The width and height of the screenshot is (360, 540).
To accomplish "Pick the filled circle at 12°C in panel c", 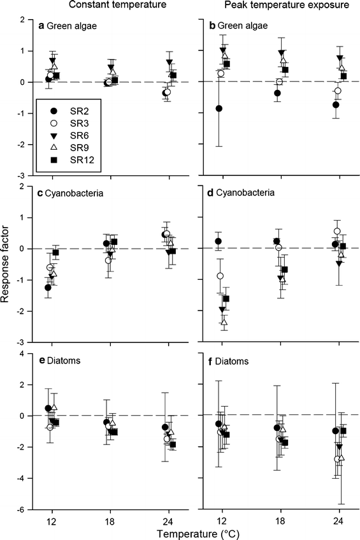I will point(48,288).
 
